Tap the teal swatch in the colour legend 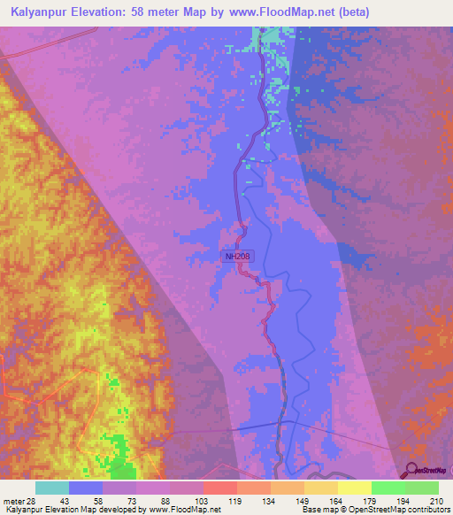point(52,488)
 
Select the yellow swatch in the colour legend point(355,488)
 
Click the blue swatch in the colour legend point(86,488)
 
